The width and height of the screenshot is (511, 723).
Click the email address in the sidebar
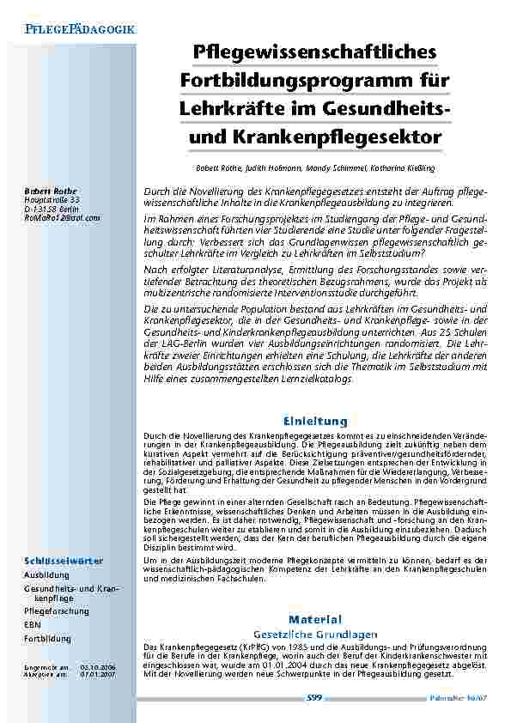[62, 218]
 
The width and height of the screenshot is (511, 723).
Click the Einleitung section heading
[315, 421]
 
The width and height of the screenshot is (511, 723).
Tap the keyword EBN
[32, 625]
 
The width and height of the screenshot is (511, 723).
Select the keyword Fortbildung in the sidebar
[46, 639]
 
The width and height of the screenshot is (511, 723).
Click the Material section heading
[315, 619]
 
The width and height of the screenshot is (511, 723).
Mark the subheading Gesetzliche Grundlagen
[315, 634]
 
